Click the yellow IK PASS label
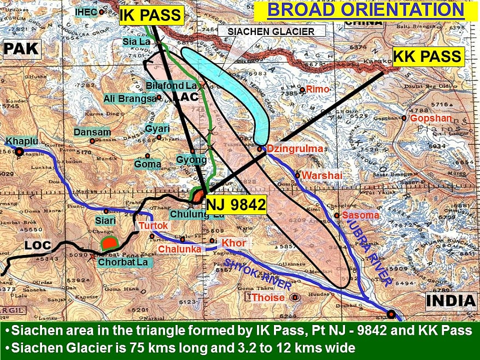pyautogui.click(x=150, y=15)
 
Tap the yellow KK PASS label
pyautogui.click(x=428, y=56)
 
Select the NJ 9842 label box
pyautogui.click(x=236, y=205)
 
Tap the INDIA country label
pyautogui.click(x=450, y=300)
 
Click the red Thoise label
pyautogui.click(x=268, y=298)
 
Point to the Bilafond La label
pyautogui.click(x=171, y=86)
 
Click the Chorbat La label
pyautogui.click(x=122, y=262)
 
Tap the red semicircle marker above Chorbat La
pyautogui.click(x=109, y=243)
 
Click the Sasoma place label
pyautogui.click(x=360, y=215)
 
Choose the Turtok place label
pyautogui.click(x=154, y=225)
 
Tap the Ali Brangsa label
pyautogui.click(x=130, y=98)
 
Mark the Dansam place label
pyautogui.click(x=92, y=132)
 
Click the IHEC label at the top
pyautogui.click(x=86, y=11)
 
